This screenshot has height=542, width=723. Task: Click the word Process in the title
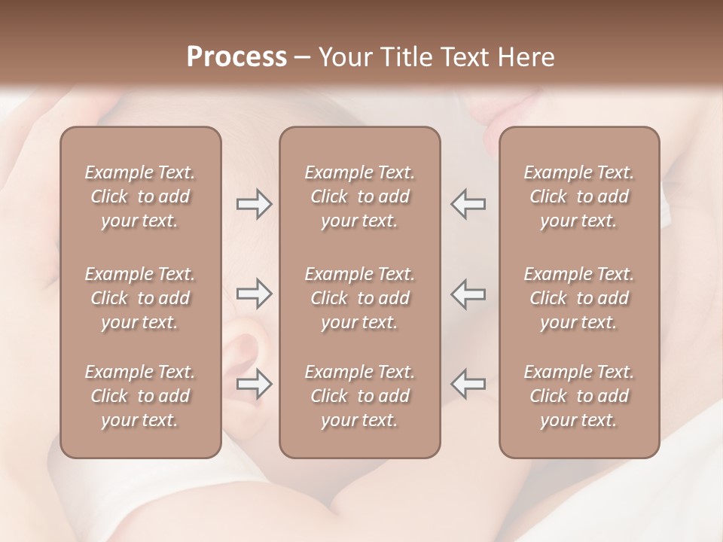236,57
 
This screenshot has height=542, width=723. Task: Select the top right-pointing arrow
254,204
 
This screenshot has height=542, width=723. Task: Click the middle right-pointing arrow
254,294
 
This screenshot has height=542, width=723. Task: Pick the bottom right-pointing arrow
254,384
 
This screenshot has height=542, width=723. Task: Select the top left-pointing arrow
468,204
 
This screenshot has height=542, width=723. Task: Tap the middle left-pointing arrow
468,294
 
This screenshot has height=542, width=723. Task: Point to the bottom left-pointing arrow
468,384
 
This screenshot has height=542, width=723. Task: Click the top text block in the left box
140,196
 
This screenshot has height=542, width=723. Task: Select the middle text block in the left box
140,298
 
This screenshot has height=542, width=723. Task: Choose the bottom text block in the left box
140,396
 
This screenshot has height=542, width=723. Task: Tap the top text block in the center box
359,196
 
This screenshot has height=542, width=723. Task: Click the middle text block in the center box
359,298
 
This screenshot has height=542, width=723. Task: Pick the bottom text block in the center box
359,396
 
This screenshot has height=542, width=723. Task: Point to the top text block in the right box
578,196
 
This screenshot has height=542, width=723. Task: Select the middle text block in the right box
578,298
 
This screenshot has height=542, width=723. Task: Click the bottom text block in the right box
578,396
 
